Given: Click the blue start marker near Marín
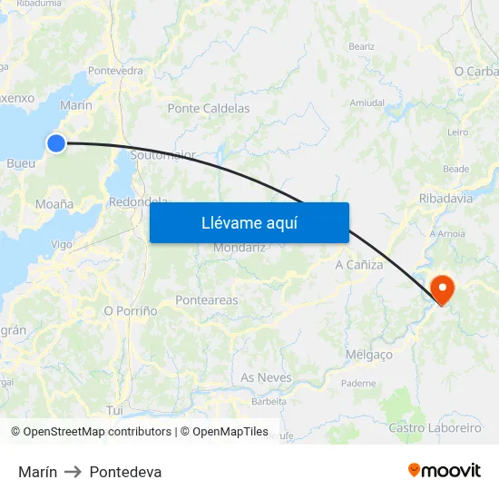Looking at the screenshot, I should (x=56, y=142).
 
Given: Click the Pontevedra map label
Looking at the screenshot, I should (x=115, y=71).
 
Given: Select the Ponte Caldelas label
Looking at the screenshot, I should (x=209, y=108).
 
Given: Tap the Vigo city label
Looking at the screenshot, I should (x=62, y=244).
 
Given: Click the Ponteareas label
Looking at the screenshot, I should (x=207, y=300).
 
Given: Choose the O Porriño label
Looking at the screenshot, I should (x=131, y=310).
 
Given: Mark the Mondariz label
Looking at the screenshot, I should (x=239, y=248).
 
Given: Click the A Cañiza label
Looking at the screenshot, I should (x=359, y=265).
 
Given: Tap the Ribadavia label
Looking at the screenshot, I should (x=445, y=198).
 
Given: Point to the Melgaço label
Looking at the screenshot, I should (x=369, y=355).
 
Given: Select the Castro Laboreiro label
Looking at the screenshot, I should (x=435, y=427).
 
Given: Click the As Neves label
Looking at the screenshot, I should (x=267, y=377).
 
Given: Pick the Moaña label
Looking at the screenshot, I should (x=54, y=204).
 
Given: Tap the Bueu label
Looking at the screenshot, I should (x=21, y=164).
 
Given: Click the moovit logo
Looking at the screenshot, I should (x=445, y=471).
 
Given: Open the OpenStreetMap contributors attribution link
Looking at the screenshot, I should (x=97, y=432).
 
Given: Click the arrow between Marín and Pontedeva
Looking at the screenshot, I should (x=73, y=472).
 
